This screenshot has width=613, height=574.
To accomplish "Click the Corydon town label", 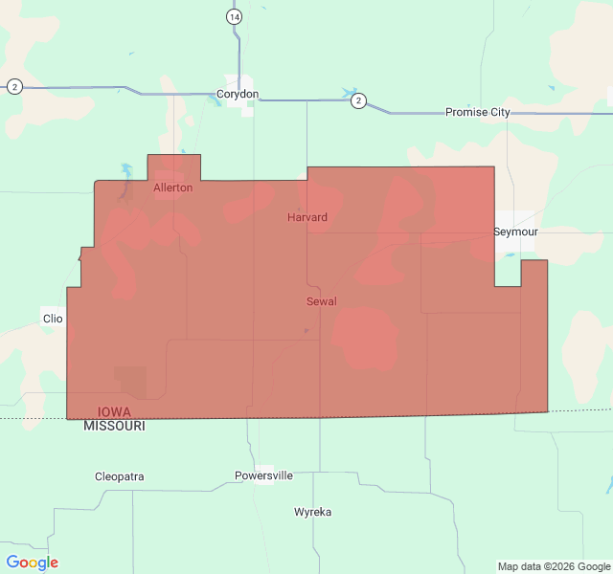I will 238,95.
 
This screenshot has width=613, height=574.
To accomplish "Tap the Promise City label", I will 478,112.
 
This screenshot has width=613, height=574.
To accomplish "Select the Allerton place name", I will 173,188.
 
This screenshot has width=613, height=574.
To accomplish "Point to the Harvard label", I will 307,217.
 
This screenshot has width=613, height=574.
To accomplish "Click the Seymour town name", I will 516,232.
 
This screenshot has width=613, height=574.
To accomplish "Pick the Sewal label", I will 322,301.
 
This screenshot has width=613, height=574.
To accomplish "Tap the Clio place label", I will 52,318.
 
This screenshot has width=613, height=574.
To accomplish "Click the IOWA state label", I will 115,412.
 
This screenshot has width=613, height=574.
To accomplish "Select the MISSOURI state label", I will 115,426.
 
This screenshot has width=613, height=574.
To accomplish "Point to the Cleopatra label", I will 120,476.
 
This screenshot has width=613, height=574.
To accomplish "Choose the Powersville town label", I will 264,475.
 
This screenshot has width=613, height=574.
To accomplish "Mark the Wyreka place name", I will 313,512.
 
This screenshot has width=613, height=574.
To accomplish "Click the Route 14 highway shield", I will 235,17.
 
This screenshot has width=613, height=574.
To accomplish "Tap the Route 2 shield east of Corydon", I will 357,100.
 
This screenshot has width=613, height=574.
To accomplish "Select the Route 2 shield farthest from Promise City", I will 14,87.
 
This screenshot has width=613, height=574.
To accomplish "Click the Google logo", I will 33,563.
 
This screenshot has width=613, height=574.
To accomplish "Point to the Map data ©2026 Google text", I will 552,566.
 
